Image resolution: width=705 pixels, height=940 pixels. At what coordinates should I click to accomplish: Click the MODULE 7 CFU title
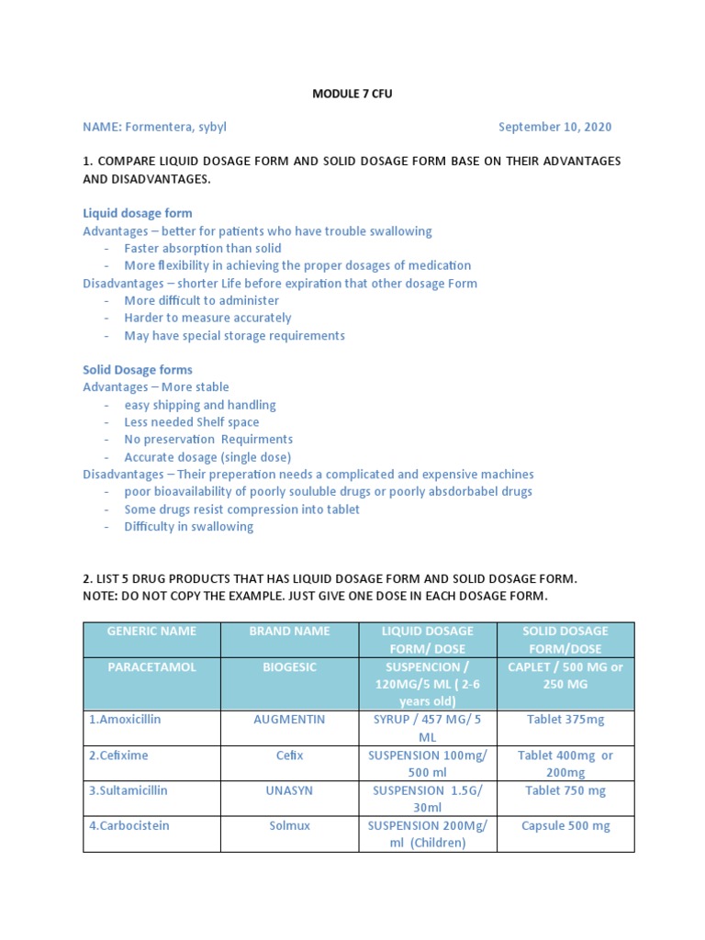click(x=352, y=93)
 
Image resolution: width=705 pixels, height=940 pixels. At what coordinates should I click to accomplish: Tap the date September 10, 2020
click(x=554, y=127)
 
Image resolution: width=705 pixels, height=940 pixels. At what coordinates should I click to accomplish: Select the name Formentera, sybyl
click(x=174, y=127)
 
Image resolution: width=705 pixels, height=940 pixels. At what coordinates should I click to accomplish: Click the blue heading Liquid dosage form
click(x=138, y=213)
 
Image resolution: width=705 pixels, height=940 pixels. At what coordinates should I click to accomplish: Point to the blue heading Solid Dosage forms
click(x=138, y=370)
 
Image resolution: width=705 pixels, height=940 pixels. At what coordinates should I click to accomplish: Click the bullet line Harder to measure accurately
click(x=207, y=318)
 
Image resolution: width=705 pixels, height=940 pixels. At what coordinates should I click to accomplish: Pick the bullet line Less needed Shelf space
click(x=192, y=422)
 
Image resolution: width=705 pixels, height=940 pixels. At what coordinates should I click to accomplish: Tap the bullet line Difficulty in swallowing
click(x=189, y=527)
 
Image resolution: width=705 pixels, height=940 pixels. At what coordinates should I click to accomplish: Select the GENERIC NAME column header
click(x=151, y=632)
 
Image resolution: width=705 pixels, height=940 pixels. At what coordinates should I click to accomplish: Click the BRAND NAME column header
click(x=289, y=632)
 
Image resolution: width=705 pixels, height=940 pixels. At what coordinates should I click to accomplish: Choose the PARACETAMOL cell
click(x=151, y=667)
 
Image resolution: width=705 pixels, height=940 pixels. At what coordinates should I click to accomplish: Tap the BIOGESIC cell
click(x=289, y=667)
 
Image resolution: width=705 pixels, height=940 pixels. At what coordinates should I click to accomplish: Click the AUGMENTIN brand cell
click(x=289, y=720)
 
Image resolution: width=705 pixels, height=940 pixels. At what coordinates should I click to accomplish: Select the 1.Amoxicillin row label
click(x=125, y=720)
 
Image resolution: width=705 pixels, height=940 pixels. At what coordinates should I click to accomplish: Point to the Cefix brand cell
click(x=289, y=755)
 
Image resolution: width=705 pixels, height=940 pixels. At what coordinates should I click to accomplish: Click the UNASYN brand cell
click(x=289, y=790)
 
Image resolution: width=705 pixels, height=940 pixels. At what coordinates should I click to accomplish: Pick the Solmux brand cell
click(x=289, y=825)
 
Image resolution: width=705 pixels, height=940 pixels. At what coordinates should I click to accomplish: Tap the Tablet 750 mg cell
click(x=565, y=790)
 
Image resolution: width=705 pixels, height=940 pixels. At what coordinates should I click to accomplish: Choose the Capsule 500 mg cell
click(x=565, y=825)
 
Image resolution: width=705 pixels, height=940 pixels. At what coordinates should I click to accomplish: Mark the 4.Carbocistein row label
click(x=129, y=825)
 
